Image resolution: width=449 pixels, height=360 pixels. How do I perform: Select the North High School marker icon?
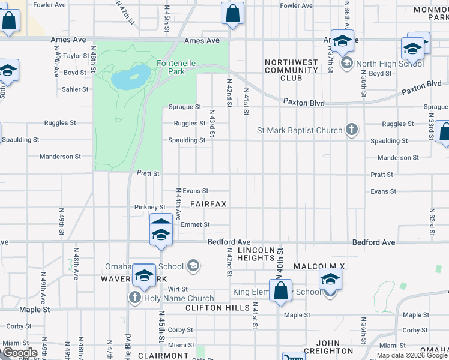[346, 64]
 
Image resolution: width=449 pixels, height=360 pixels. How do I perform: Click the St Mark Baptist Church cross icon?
[352, 130]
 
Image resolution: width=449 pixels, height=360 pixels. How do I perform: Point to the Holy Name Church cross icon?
[134, 298]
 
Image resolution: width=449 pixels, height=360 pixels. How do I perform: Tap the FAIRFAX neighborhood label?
[208, 204]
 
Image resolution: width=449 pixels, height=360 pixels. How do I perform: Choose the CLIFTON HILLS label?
[217, 308]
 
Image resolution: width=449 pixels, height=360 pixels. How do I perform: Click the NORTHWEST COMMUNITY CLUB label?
[291, 70]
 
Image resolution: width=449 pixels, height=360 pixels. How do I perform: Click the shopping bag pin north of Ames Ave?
[232, 13]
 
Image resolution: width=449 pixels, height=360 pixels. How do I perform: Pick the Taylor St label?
[77, 56]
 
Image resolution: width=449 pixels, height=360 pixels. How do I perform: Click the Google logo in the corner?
[19, 353]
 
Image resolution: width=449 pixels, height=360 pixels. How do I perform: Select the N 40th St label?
[280, 262]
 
